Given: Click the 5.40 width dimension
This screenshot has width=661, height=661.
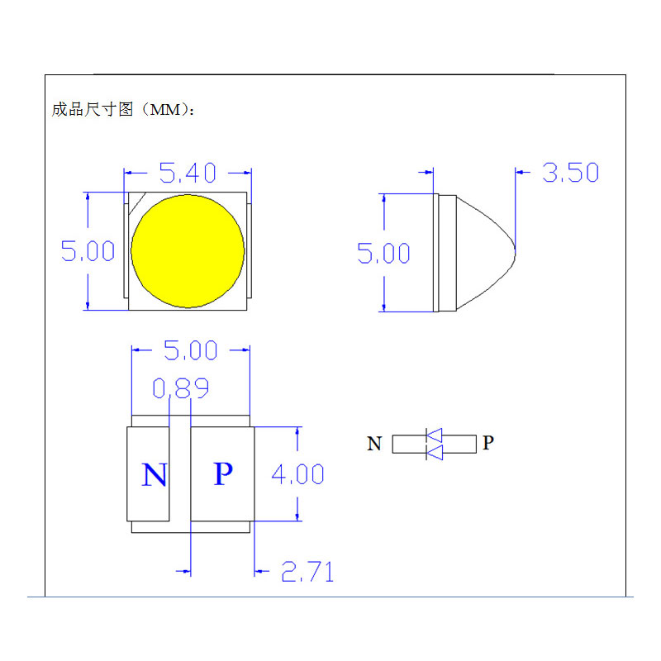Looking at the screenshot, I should pyautogui.click(x=188, y=173).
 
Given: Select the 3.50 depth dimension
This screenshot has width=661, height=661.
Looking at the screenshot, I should pyautogui.click(x=570, y=173).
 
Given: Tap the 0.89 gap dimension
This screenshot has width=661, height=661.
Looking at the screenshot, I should pyautogui.click(x=180, y=388).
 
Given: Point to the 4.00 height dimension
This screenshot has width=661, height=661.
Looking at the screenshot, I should pyautogui.click(x=297, y=474).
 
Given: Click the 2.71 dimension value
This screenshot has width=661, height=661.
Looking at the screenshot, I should pyautogui.click(x=307, y=571).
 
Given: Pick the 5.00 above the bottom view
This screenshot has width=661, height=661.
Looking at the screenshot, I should pyautogui.click(x=190, y=350).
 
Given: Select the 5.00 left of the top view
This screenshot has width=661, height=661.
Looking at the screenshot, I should pyautogui.click(x=88, y=250).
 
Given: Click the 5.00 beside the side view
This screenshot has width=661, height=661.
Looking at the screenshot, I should pyautogui.click(x=383, y=253).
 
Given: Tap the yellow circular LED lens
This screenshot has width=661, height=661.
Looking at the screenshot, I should pyautogui.click(x=188, y=250).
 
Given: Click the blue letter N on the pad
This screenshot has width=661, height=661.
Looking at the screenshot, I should pyautogui.click(x=154, y=476).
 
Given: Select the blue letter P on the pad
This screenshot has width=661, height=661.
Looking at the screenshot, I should pyautogui.click(x=222, y=474).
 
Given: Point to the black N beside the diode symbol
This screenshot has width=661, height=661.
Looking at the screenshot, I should pyautogui.click(x=374, y=445).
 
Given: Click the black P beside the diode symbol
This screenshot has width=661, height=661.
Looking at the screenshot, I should pyautogui.click(x=488, y=443).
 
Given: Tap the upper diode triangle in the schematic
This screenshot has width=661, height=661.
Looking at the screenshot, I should pyautogui.click(x=434, y=435).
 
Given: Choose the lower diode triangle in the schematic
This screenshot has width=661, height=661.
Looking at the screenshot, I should pyautogui.click(x=434, y=452).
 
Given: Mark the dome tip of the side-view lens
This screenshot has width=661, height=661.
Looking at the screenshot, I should pyautogui.click(x=515, y=245).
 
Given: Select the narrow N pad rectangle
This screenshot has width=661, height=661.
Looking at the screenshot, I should pyautogui.click(x=148, y=474).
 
